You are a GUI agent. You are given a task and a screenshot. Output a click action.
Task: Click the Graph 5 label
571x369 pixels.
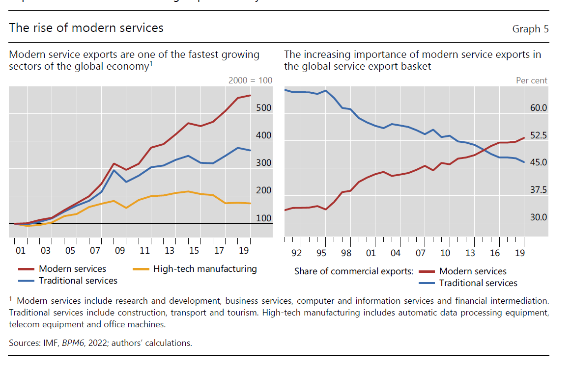[530, 29]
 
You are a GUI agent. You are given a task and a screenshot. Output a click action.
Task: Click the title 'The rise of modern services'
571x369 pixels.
[86, 28]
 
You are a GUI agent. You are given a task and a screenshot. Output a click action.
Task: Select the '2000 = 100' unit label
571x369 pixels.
[250, 80]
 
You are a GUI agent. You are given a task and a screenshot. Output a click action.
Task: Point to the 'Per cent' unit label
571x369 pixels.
[531, 80]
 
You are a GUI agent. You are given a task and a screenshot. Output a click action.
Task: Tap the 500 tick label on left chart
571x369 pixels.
[264, 108]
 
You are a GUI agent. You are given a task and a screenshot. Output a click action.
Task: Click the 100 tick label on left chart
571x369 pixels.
[264, 218]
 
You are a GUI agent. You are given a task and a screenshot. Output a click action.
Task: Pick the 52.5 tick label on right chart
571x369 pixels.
[539, 135]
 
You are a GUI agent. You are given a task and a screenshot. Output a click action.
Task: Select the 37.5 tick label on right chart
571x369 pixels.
[539, 190]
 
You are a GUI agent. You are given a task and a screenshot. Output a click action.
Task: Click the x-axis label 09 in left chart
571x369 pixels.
[120, 251]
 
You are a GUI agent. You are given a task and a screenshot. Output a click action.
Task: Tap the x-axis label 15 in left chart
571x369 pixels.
[194, 251]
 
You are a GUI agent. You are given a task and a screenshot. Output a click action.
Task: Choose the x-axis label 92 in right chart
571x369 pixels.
[296, 253]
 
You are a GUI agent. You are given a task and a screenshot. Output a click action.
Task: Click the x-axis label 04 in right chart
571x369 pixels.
[396, 253]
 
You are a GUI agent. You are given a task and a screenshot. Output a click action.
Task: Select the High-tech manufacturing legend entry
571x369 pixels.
[205, 269]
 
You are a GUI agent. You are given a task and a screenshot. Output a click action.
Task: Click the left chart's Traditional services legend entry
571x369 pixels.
[78, 281]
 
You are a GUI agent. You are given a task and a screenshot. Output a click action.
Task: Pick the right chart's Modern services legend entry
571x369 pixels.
[473, 271]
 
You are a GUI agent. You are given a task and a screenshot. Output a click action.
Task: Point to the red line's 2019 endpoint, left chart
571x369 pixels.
[250, 95]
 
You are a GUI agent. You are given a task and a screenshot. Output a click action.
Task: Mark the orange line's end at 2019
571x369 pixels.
[250, 203]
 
